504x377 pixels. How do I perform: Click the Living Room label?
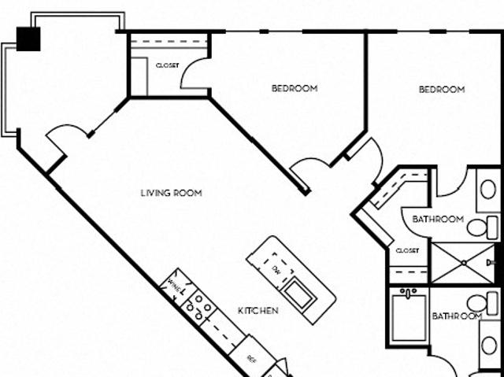171,193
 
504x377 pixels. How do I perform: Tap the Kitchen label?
258,311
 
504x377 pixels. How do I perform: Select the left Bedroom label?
295,89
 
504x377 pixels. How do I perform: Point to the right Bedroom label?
441,90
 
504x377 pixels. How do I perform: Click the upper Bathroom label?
438,220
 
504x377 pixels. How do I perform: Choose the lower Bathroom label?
456,316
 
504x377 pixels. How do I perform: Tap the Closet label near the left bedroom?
167,66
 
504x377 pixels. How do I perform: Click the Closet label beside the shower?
407,251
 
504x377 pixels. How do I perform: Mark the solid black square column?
28,39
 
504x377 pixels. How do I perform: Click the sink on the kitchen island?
299,294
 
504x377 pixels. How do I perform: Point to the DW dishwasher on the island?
276,269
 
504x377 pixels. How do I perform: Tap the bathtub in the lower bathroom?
409,318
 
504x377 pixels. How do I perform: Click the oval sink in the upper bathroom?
488,190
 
